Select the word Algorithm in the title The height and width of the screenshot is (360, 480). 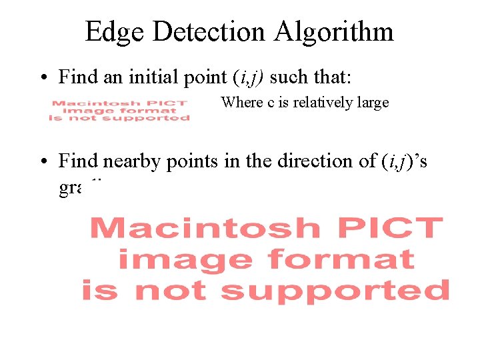tap(339, 31)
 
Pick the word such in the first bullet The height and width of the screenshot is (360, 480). tap(289, 77)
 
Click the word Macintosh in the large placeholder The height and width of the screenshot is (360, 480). tap(205, 229)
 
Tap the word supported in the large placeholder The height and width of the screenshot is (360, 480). tap(335, 291)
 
